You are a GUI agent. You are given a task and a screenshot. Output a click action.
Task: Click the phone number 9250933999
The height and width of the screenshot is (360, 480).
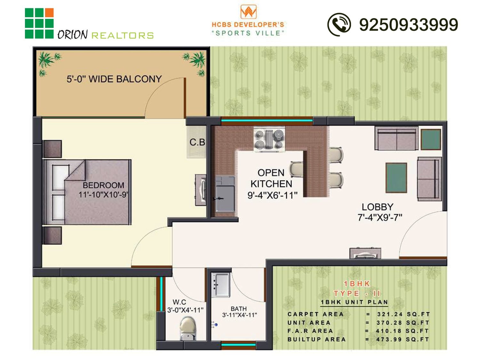pyautogui.click(x=409, y=25)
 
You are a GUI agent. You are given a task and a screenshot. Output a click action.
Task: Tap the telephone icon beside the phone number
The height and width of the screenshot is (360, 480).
pyautogui.click(x=339, y=25)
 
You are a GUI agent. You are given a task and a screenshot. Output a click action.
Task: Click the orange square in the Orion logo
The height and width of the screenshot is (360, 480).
pyautogui.click(x=49, y=12)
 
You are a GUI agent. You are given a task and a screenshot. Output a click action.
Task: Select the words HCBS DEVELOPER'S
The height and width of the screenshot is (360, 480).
pyautogui.click(x=248, y=25)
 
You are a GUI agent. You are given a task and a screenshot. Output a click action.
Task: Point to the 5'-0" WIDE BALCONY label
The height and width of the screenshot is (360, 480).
pyautogui.click(x=114, y=79)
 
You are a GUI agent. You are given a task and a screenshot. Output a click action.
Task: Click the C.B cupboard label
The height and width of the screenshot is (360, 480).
pyautogui.click(x=197, y=142)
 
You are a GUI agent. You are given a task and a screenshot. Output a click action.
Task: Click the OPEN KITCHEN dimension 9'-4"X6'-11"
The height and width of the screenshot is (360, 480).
pyautogui.click(x=272, y=195)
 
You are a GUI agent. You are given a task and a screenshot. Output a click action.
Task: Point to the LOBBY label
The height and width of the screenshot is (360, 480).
pyautogui.click(x=378, y=207)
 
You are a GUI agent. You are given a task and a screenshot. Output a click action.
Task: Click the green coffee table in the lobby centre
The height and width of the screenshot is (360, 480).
pyautogui.click(x=396, y=178)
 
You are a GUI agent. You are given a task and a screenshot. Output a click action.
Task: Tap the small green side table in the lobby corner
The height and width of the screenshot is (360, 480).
pyautogui.click(x=431, y=139)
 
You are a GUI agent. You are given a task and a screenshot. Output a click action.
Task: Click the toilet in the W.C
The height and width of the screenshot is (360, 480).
pyautogui.click(x=188, y=329)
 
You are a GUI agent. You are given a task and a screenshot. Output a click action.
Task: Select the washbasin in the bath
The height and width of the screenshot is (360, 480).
pyautogui.click(x=220, y=284)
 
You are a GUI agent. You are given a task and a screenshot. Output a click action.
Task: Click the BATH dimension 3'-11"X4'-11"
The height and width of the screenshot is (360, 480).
pyautogui.click(x=239, y=315)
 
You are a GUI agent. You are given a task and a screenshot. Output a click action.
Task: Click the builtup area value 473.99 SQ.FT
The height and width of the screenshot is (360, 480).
pyautogui.click(x=403, y=340)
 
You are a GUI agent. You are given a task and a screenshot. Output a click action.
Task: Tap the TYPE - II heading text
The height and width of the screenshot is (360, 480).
pyautogui.click(x=357, y=293)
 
